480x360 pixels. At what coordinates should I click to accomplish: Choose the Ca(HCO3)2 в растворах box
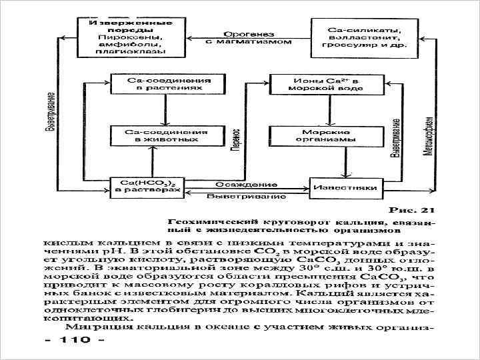point(147,186)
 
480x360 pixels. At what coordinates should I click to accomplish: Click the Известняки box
point(347,187)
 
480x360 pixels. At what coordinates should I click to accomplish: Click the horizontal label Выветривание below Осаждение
point(246,197)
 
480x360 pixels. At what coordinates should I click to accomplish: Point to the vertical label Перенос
point(235,144)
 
